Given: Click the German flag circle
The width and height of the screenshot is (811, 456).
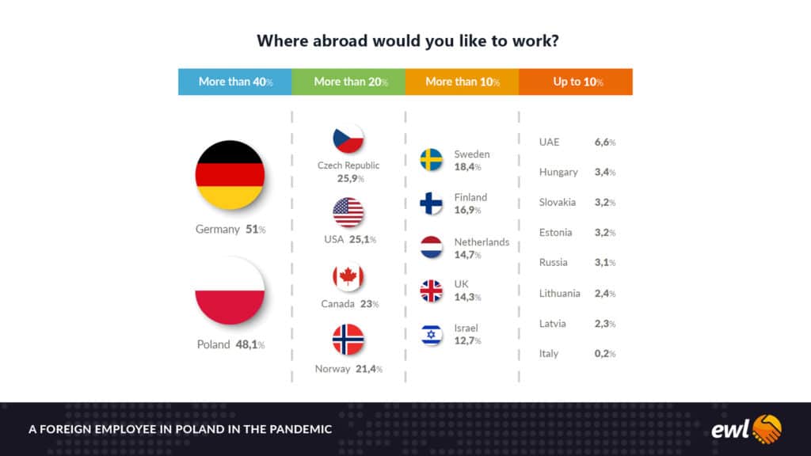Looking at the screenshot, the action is (230, 175).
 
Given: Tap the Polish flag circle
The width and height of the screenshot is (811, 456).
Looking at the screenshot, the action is (230, 291).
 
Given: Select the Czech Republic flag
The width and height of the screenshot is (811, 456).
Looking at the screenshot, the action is (348, 139).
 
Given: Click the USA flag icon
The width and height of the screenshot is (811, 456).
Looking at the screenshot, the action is (348, 212).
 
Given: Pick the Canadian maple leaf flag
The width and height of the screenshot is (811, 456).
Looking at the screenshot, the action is (348, 277).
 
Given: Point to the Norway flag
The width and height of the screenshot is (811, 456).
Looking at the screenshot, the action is (348, 339).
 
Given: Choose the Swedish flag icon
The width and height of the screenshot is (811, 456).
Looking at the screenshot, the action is (431, 159).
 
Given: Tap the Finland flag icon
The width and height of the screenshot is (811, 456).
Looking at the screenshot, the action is (431, 203).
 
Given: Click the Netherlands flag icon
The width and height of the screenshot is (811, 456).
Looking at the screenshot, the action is (431, 247).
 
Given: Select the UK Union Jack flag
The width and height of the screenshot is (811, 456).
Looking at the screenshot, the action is (431, 291).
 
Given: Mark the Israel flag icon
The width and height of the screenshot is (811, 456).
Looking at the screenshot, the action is (431, 335).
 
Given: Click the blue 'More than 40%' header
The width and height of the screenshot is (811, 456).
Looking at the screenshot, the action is (234, 82).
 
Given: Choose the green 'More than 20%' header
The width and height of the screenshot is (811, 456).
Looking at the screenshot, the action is (348, 82).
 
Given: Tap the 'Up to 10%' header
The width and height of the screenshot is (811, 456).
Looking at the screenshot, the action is (576, 82).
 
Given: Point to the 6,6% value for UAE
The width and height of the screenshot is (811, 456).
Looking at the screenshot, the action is (604, 142).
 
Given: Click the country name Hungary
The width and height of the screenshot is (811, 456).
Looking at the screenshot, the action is (558, 172).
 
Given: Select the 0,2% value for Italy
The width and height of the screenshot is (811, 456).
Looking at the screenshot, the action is (604, 354).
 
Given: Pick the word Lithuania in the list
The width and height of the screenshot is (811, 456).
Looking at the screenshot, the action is (559, 293).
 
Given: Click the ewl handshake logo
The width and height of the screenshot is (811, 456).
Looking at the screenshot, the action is (746, 429).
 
